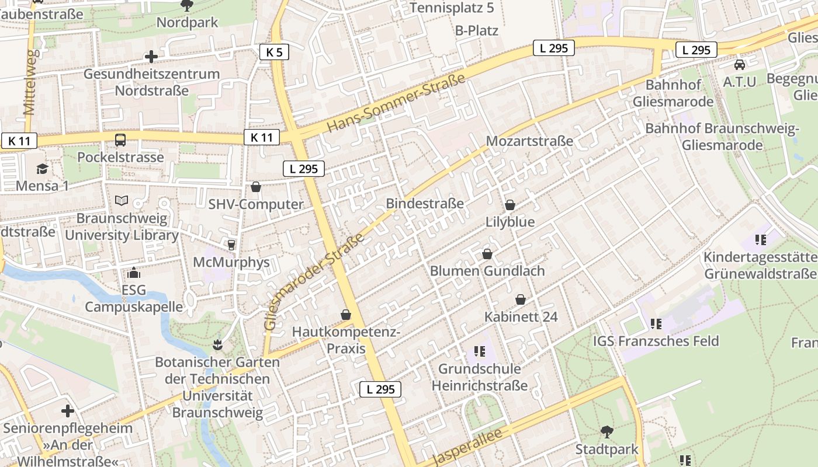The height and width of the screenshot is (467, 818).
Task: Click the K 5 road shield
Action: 274,53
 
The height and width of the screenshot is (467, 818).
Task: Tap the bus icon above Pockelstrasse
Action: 120,140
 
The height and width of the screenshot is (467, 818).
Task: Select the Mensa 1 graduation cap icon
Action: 42,169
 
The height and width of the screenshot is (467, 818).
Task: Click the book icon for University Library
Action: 122,201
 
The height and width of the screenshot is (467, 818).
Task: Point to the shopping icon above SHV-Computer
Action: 256,187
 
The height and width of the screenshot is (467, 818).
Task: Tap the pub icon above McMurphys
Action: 231,245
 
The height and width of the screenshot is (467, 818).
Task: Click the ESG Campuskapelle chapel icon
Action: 134,273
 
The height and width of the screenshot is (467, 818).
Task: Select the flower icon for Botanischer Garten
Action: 218,344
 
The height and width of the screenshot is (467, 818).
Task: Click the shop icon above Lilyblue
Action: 510,205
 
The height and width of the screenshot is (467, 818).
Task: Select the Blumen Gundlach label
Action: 487,271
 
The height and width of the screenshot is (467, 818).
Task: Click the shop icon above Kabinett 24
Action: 521,299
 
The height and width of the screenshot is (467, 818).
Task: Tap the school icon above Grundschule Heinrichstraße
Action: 480,351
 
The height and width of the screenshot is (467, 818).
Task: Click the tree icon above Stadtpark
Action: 607,432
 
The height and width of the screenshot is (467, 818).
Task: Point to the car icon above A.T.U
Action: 740,64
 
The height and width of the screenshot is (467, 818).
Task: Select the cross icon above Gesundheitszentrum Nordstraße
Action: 151,57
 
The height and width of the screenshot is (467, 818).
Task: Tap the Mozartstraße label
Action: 529,141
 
